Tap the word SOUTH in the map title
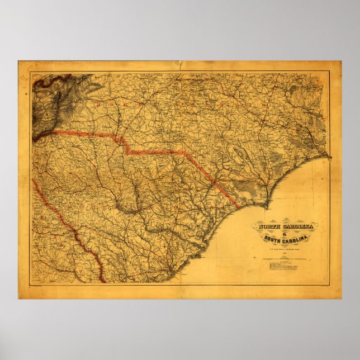275,241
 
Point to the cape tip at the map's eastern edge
329,158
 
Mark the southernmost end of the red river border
103,281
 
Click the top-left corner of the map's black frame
31,73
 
